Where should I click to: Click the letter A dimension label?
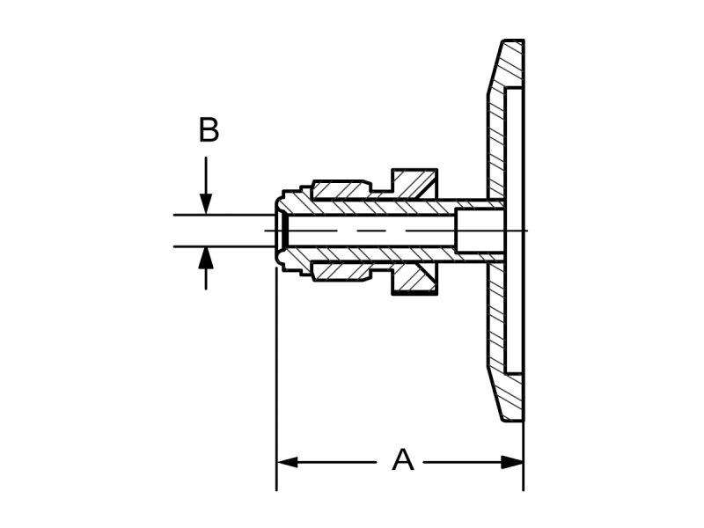(402, 459)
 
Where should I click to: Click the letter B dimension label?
(208, 130)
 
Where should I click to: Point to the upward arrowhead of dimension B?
(205, 257)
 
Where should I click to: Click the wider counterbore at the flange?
(480, 231)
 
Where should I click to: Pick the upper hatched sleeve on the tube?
(343, 190)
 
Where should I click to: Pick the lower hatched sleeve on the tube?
(343, 272)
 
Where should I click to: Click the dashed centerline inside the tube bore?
(370, 231)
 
